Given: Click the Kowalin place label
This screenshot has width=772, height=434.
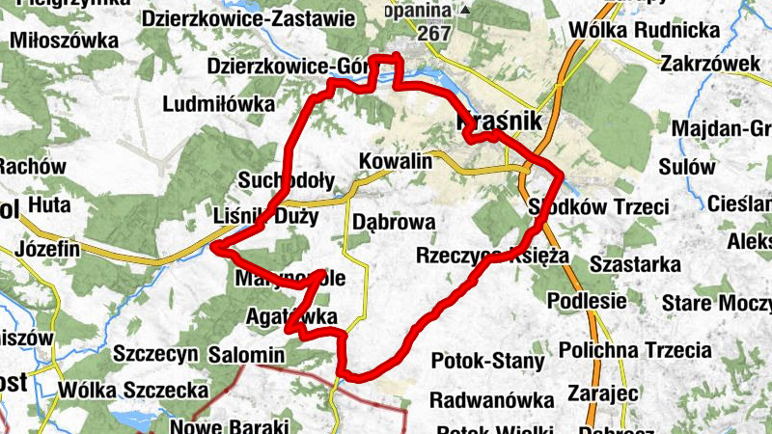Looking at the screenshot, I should [x=395, y=161].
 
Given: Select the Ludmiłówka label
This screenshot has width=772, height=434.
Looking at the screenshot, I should [x=220, y=103].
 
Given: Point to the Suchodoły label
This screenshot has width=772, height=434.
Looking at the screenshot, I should [x=286, y=180].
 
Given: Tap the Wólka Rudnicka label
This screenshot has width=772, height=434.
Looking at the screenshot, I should [x=645, y=31].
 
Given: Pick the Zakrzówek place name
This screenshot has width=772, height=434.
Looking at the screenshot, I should [x=707, y=64].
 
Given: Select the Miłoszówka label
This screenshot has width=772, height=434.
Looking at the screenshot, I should [x=65, y=41].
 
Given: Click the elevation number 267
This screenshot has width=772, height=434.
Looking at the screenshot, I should [x=435, y=33].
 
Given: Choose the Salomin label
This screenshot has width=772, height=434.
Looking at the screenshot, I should [x=246, y=355].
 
